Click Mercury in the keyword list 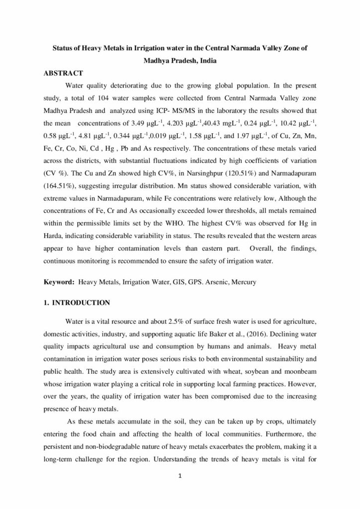click(x=244, y=282)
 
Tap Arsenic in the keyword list click(x=214, y=282)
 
